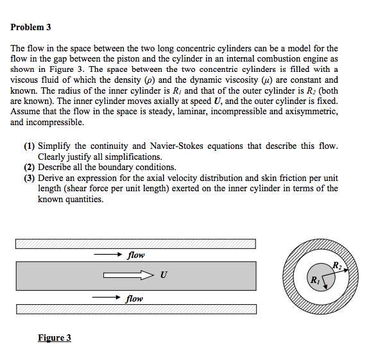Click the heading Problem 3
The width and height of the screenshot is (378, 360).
click(30, 28)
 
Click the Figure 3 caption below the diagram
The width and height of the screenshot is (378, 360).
click(54, 338)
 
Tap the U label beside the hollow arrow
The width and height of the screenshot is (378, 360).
click(164, 276)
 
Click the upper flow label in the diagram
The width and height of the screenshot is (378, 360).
click(135, 255)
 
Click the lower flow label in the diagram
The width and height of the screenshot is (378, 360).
click(135, 298)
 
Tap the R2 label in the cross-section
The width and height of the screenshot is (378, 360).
click(337, 266)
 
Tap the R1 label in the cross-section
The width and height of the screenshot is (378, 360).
click(314, 280)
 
